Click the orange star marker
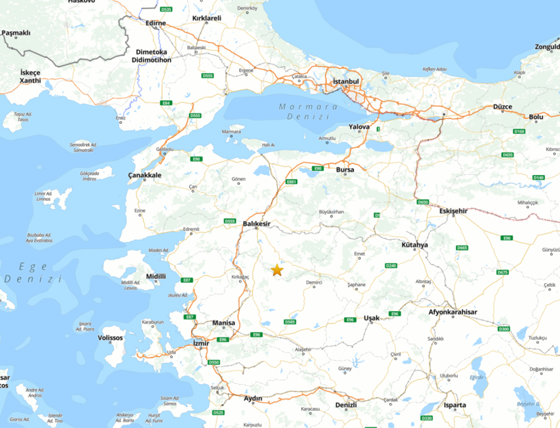pos(277,270)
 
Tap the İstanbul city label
pos(346,81)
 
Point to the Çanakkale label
pos(145,176)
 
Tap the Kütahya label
pos(415,244)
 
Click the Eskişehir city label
pos(452,211)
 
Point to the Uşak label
pos(372,318)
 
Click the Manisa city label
pos(223,323)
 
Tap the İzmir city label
pos(199,343)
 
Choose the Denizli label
pos(346,405)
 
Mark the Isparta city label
pos(455,405)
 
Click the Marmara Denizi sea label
pos(308,112)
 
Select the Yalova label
pos(359,127)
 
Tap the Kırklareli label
pos(207,18)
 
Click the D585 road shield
pos(290,322)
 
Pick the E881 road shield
pos(292,182)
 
